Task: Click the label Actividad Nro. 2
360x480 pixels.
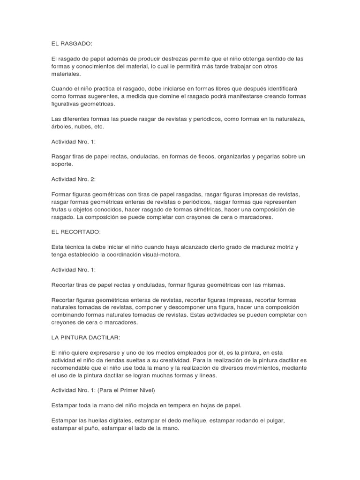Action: [73, 179]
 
